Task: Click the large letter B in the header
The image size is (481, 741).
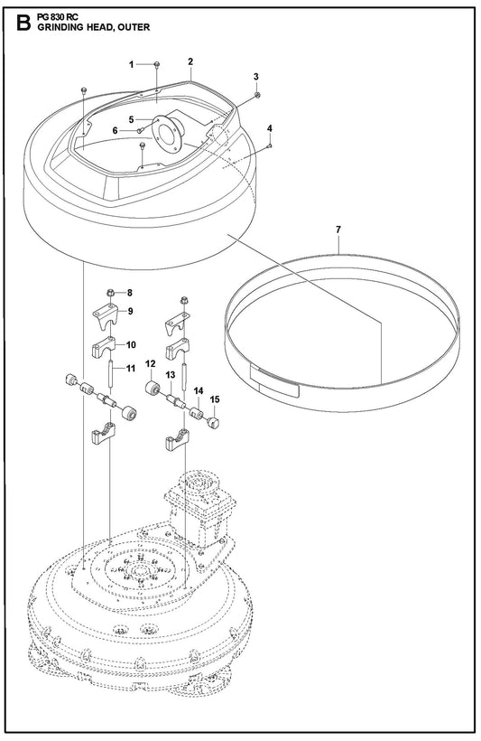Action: click(x=23, y=23)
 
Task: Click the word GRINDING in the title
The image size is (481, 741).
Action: click(x=60, y=27)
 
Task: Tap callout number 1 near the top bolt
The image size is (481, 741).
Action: click(x=132, y=64)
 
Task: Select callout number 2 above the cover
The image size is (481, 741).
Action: click(x=190, y=61)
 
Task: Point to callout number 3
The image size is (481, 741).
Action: click(x=255, y=77)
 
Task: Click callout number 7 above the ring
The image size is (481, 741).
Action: click(x=338, y=230)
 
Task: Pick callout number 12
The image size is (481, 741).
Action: click(x=150, y=364)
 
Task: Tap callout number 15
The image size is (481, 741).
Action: click(x=215, y=399)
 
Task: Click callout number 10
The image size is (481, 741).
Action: click(x=131, y=345)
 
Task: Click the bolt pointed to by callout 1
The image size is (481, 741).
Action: click(x=157, y=65)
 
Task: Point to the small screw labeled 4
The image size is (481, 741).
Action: click(x=269, y=146)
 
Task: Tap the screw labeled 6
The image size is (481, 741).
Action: click(x=140, y=131)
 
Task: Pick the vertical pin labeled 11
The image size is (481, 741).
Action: click(x=111, y=374)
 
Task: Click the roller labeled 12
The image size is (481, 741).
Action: click(x=153, y=388)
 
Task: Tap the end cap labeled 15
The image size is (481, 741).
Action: click(x=214, y=421)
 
